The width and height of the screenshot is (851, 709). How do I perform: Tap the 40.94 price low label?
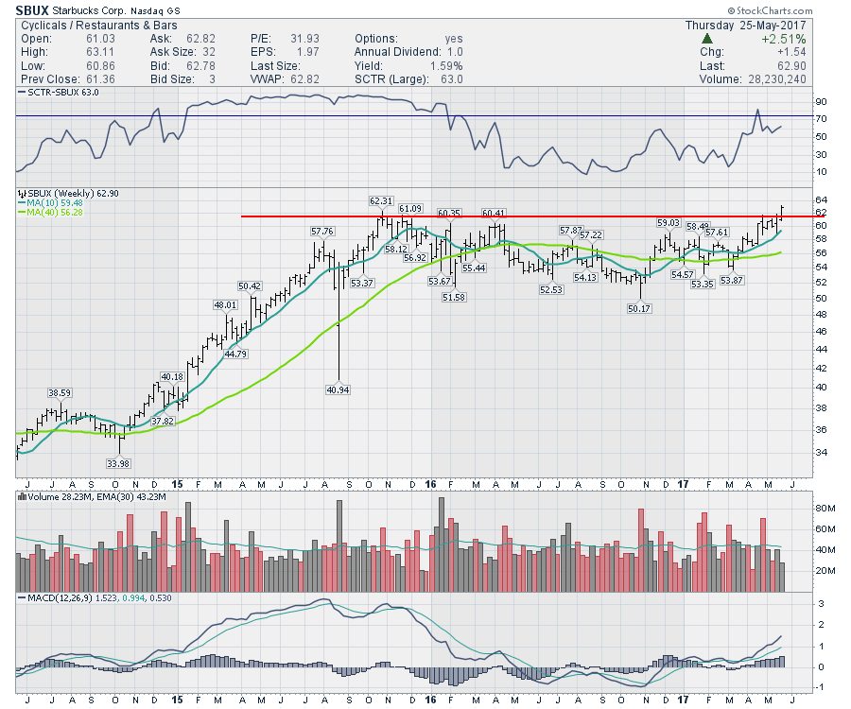click(x=338, y=389)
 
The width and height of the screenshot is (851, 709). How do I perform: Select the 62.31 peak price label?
click(x=381, y=200)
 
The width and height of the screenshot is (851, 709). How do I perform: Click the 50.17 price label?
click(x=641, y=308)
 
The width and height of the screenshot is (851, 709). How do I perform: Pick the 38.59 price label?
click(x=60, y=391)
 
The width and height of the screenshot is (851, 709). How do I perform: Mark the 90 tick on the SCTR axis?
click(x=822, y=101)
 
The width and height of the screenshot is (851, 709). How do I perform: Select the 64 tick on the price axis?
click(x=821, y=199)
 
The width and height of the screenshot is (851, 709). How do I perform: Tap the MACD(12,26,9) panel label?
click(x=58, y=598)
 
